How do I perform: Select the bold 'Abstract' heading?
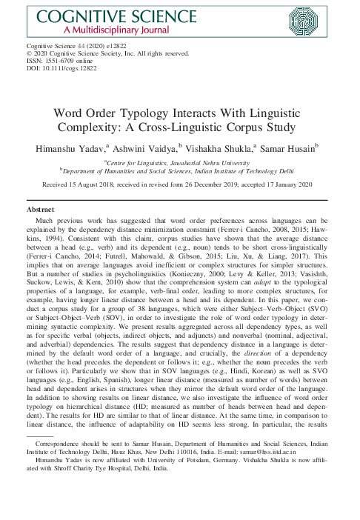41,210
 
